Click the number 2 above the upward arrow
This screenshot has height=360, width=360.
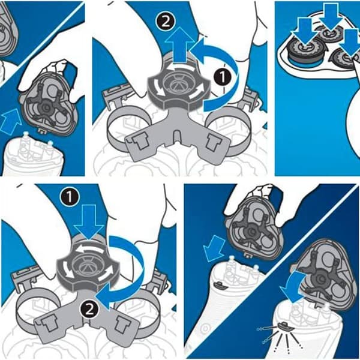click(166, 22)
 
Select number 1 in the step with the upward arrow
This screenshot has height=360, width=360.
click(223, 77)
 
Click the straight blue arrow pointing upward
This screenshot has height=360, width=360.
click(180, 44)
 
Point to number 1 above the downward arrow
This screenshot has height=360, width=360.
click(70, 197)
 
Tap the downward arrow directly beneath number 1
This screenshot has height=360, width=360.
click(89, 222)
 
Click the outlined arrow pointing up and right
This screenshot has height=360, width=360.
click(10, 121)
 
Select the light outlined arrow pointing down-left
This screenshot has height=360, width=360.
click(214, 248)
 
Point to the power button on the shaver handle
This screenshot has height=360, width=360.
click(205, 329)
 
